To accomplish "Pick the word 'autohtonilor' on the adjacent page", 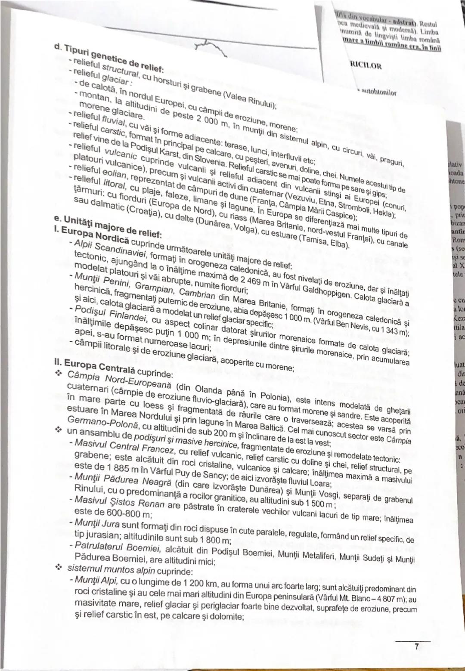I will (379, 92).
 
